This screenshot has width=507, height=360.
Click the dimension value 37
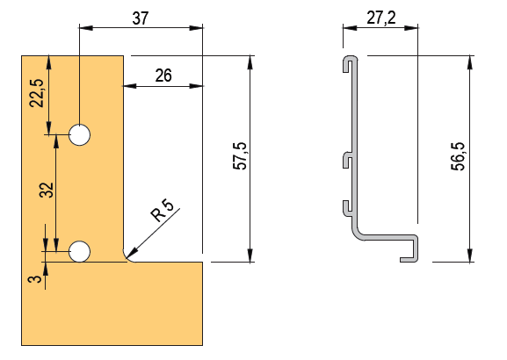[141, 18]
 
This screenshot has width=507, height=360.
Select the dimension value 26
[163, 76]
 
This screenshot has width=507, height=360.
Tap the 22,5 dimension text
[37, 93]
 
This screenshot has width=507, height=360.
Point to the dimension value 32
[47, 190]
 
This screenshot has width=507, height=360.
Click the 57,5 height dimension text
[240, 155]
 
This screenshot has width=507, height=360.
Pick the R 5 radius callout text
[163, 210]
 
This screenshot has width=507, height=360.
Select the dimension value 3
[35, 279]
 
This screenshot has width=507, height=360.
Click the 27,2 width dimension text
[381, 18]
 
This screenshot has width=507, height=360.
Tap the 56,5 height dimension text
[458, 156]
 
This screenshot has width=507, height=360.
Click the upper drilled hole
[80, 134]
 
